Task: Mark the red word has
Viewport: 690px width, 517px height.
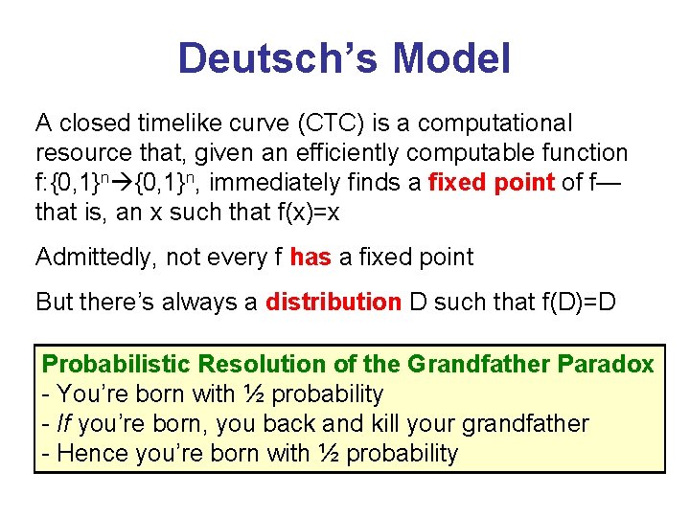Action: click(310, 257)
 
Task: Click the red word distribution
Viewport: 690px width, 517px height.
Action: click(333, 303)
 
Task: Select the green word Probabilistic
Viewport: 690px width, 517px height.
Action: click(103, 364)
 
